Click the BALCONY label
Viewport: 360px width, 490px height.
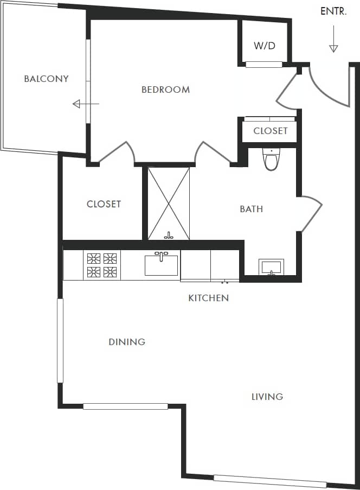(x=46, y=79)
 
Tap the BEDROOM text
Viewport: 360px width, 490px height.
(x=165, y=90)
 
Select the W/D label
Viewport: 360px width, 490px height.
(x=265, y=46)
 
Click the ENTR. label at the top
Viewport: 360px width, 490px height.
(x=333, y=11)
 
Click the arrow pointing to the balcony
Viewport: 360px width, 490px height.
(x=85, y=104)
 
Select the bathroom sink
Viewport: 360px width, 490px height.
(x=272, y=267)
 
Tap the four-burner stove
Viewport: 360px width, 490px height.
(x=102, y=265)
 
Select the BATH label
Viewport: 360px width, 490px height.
(x=251, y=209)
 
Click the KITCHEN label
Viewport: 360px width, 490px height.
(x=208, y=298)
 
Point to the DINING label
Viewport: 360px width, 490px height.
(x=127, y=342)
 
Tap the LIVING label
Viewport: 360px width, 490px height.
(x=267, y=397)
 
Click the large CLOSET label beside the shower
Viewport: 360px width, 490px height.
(x=104, y=204)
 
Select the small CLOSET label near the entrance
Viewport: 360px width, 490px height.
(x=271, y=131)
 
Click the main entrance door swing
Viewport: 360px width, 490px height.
(x=328, y=87)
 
